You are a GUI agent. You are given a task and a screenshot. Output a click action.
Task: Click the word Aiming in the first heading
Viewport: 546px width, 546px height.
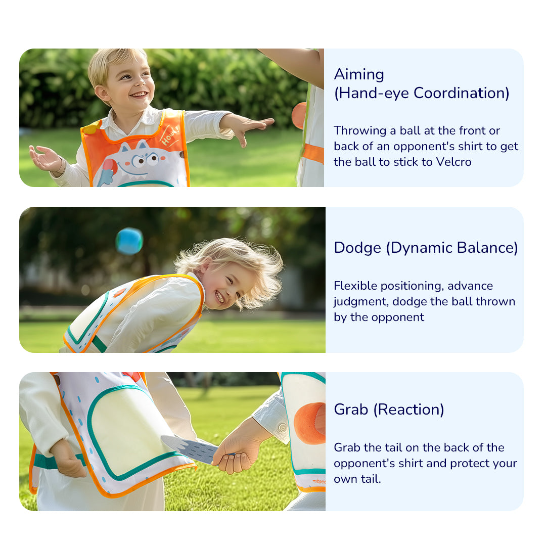tap(359, 75)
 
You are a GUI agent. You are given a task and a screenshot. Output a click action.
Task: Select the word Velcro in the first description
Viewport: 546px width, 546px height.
tap(453, 162)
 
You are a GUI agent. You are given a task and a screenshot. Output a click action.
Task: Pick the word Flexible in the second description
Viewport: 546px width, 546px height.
tap(355, 286)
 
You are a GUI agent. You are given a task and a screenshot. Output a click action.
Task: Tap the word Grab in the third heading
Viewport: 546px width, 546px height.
tap(351, 410)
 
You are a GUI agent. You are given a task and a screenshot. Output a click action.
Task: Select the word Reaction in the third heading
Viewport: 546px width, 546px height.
tap(409, 409)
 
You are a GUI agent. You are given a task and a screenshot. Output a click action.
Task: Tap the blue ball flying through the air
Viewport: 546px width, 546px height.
tap(129, 241)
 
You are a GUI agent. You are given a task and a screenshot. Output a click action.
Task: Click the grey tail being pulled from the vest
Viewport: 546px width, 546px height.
tap(190, 448)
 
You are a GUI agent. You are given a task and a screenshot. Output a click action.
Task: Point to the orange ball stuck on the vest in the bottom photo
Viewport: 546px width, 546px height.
tap(309, 423)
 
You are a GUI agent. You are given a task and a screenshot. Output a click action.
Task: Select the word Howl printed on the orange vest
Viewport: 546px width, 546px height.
tap(170, 136)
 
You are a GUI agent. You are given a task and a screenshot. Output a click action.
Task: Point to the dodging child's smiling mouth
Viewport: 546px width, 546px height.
tap(220, 297)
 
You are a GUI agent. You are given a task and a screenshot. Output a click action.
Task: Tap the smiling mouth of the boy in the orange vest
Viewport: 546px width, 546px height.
tap(140, 95)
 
